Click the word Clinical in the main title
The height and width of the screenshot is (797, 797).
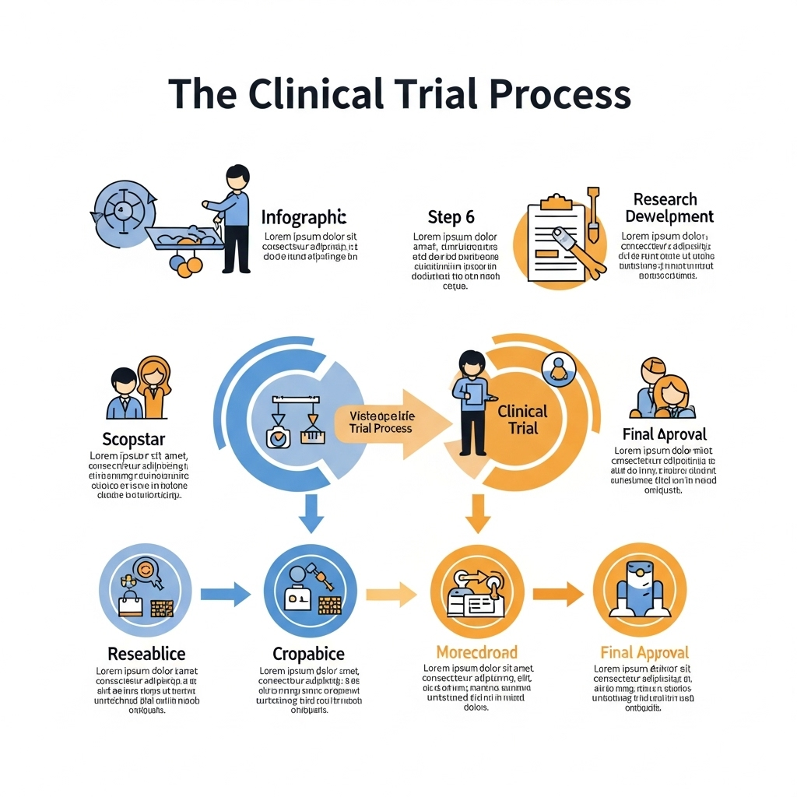(x=317, y=94)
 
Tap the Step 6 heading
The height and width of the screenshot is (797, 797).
(x=451, y=217)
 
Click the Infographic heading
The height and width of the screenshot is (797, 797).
(x=304, y=217)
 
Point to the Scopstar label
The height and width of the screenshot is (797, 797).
(x=134, y=439)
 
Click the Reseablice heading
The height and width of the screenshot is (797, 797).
(x=146, y=653)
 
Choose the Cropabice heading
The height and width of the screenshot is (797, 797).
(x=308, y=653)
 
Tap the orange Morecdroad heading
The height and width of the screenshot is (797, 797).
(x=476, y=651)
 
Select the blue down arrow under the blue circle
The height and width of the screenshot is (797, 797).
(x=311, y=512)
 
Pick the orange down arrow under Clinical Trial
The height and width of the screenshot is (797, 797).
(x=478, y=512)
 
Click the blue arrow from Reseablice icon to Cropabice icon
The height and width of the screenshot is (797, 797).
(x=225, y=595)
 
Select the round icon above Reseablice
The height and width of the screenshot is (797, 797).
(x=146, y=589)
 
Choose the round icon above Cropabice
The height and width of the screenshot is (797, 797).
(x=311, y=589)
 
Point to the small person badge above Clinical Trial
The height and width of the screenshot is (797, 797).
(x=557, y=367)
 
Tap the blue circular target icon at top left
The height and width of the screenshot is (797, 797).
(x=123, y=209)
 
